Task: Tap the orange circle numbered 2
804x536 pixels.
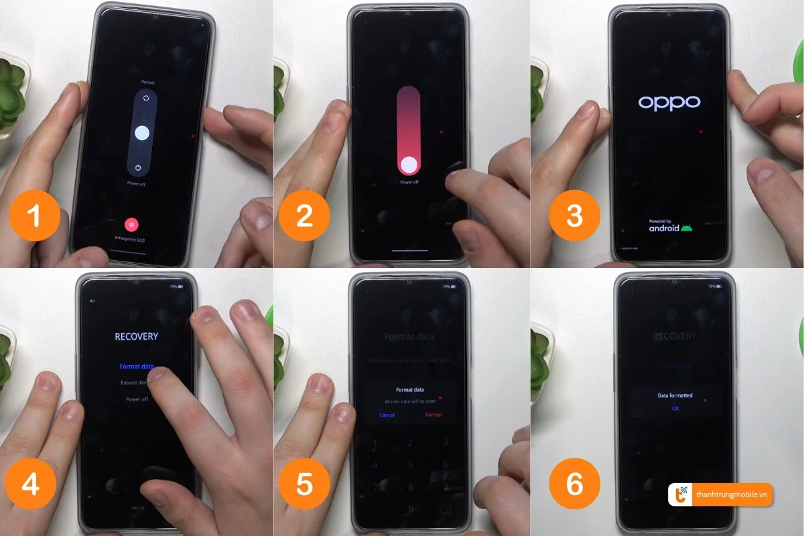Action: click(304, 216)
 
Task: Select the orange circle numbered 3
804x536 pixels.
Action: click(574, 216)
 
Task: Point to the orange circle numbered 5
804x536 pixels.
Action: click(304, 484)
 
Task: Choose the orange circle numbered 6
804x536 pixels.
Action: click(574, 484)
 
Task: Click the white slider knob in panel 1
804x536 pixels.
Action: click(141, 133)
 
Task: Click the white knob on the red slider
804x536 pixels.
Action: click(408, 164)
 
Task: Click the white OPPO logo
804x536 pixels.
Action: click(669, 103)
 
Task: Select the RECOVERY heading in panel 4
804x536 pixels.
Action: click(136, 336)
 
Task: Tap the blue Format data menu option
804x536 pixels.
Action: click(136, 366)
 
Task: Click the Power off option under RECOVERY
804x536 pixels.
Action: click(136, 399)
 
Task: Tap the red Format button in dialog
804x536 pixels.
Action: click(433, 415)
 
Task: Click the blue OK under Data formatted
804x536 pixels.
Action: click(675, 408)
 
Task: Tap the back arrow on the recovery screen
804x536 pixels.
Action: click(92, 301)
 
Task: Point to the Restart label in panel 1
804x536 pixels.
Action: click(147, 82)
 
